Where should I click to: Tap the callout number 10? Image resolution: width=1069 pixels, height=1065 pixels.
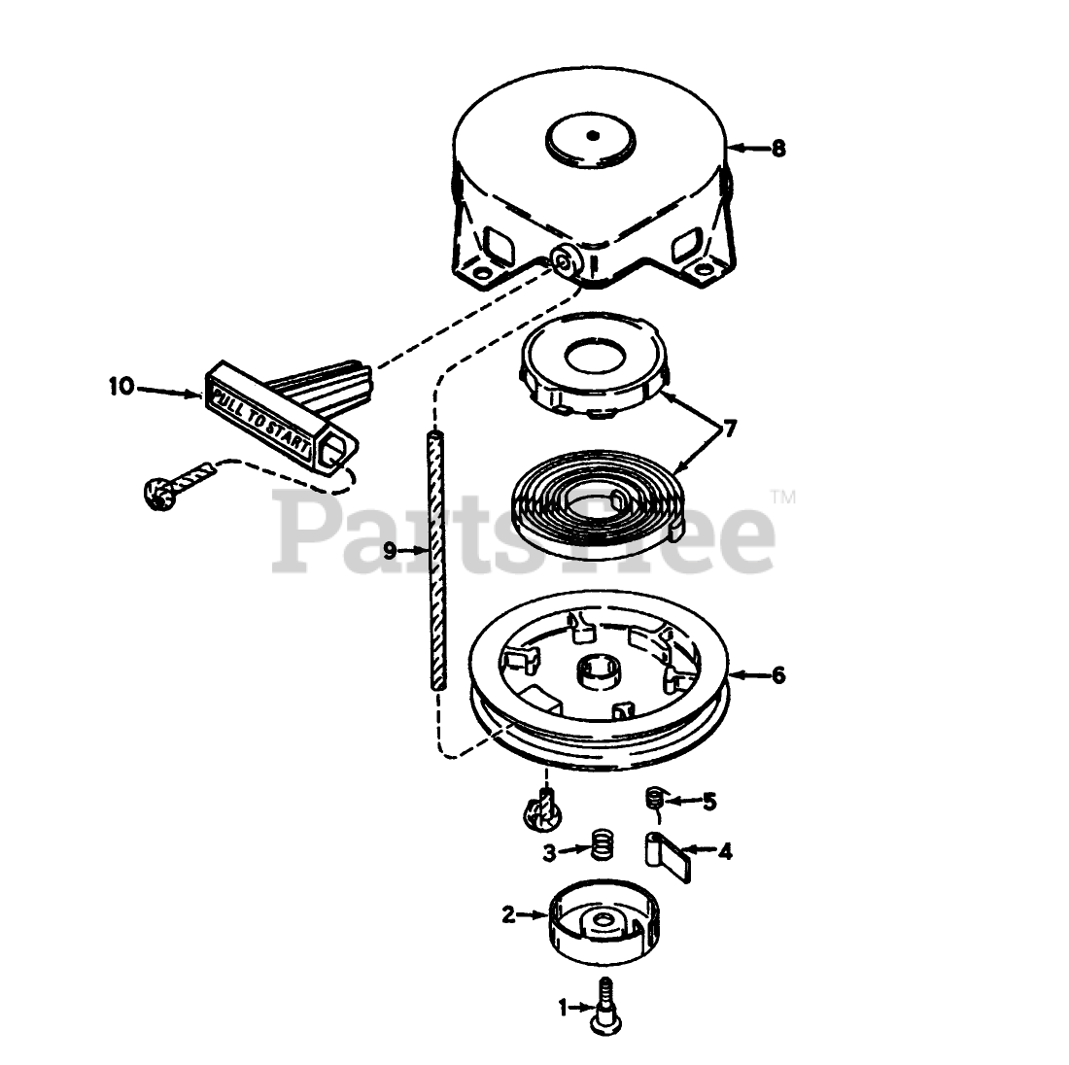pyautogui.click(x=121, y=387)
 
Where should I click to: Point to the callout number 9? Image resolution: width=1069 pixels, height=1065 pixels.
pyautogui.click(x=391, y=551)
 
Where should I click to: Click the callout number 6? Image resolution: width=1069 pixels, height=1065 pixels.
pyautogui.click(x=777, y=674)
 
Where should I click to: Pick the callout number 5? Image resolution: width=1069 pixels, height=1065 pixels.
pyautogui.click(x=709, y=802)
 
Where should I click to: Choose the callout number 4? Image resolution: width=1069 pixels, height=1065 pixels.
pyautogui.click(x=725, y=852)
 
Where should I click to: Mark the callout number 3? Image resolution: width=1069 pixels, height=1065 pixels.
pyautogui.click(x=549, y=852)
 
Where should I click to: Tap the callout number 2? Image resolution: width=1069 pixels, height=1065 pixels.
pyautogui.click(x=508, y=914)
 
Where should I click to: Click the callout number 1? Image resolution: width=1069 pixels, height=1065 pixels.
pyautogui.click(x=561, y=1010)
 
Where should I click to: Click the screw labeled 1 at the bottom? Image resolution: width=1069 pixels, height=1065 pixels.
pyautogui.click(x=606, y=1007)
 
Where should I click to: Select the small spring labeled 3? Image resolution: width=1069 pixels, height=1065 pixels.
pyautogui.click(x=603, y=843)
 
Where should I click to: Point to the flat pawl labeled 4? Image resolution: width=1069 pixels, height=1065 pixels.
pyautogui.click(x=670, y=852)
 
